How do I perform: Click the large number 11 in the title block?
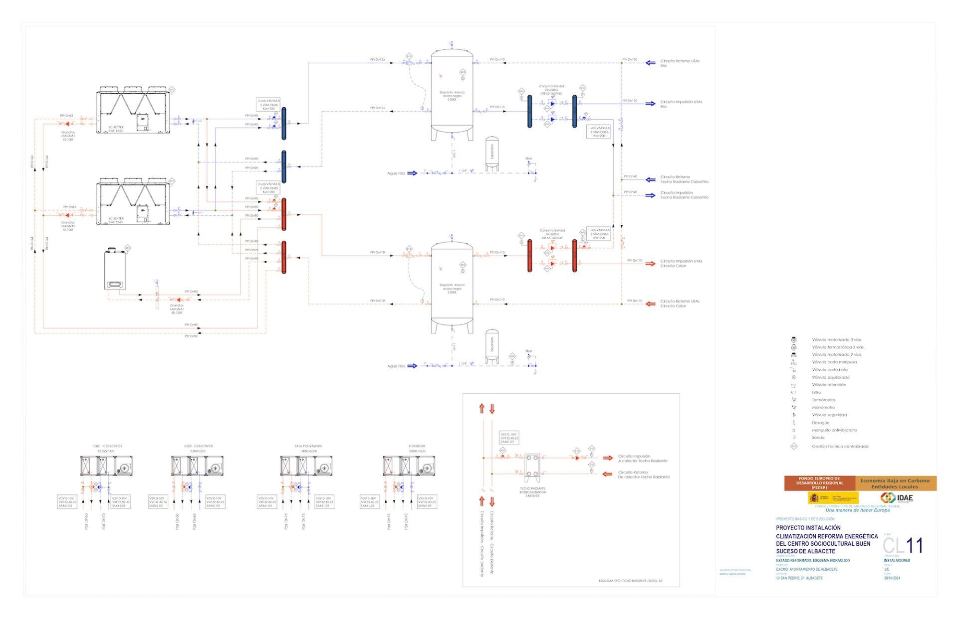[x=915, y=545]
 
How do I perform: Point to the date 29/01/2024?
[x=893, y=578]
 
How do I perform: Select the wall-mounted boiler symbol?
[x=115, y=270]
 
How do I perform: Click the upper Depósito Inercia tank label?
[x=452, y=96]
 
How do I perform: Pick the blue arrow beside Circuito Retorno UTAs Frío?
[x=650, y=63]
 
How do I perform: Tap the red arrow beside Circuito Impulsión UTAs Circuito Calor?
[x=650, y=263]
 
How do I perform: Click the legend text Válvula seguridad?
[x=829, y=415]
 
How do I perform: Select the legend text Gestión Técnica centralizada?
[x=840, y=446]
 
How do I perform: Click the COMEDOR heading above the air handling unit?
[x=417, y=446]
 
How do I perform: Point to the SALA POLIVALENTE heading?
[x=308, y=446]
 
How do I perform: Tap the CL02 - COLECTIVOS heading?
[x=198, y=446]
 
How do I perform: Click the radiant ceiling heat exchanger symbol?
[x=532, y=464]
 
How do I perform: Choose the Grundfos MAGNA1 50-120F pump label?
[x=177, y=309]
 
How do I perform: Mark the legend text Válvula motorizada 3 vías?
[x=836, y=339]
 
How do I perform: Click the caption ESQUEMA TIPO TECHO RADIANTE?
[x=631, y=581]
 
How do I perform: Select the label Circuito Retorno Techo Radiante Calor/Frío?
[x=684, y=179]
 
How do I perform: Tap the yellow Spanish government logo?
[x=833, y=497]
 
